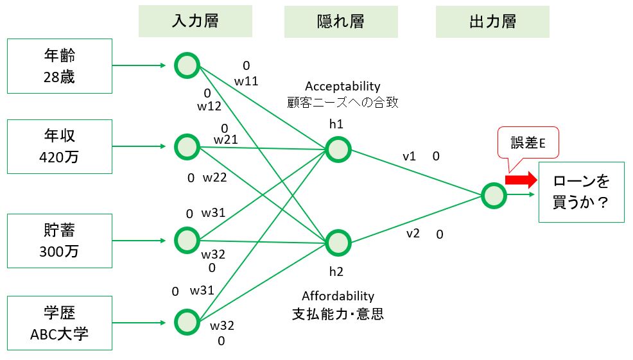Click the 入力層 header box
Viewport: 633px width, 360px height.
coord(195,21)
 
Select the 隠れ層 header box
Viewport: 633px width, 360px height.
coord(341,21)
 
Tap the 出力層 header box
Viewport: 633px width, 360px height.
coord(492,21)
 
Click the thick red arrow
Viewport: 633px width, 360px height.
coord(521,180)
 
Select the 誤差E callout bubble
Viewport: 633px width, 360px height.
coord(528,142)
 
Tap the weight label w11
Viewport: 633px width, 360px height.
coord(246,81)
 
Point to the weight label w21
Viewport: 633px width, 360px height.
coord(226,140)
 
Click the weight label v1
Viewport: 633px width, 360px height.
coord(409,156)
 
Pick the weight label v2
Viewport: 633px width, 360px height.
coord(413,234)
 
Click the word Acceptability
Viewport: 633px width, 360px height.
coord(342,87)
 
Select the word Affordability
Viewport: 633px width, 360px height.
coord(338,296)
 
